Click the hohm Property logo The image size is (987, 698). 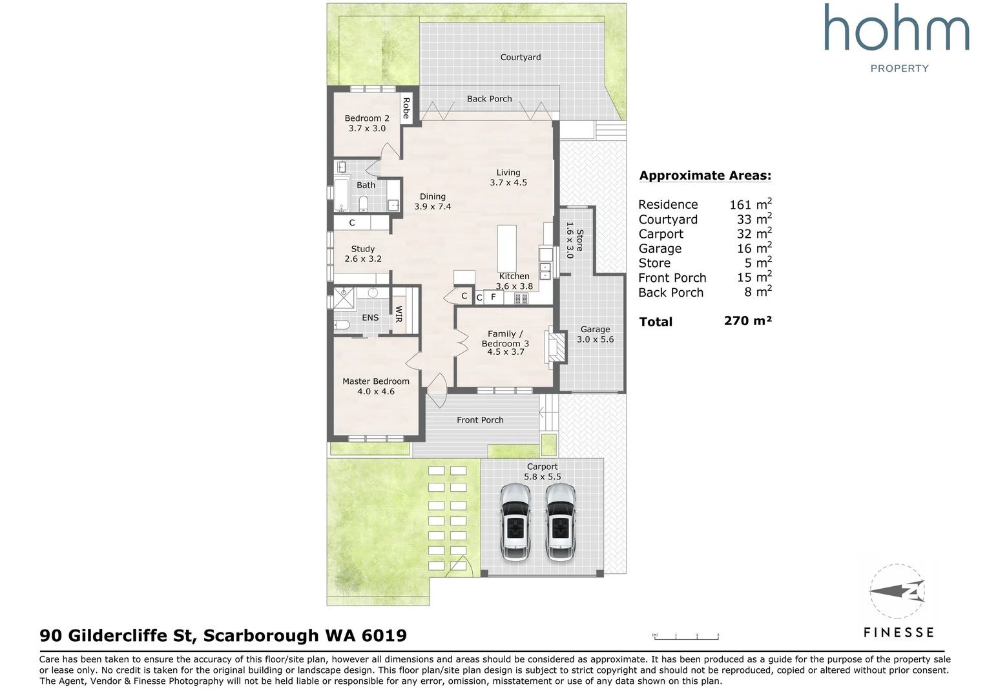897,38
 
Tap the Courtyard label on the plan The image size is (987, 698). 521,58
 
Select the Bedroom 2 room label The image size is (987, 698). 367,123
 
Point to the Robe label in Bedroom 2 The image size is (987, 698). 406,108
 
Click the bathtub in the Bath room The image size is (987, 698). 341,195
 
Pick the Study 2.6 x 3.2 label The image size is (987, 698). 363,254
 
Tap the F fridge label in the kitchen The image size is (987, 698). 493,297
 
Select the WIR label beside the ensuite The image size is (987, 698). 399,314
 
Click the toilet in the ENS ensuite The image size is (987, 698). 342,325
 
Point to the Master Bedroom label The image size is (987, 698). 376,386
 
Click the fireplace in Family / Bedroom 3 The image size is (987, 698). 557,347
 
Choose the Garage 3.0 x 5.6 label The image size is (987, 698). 596,334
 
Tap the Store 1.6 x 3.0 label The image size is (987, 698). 575,240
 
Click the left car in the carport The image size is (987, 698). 515,522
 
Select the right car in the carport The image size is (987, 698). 561,522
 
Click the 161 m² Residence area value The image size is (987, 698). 751,204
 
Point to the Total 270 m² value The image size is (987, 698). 748,321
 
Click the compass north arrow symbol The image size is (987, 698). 897,591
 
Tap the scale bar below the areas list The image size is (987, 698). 685,636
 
